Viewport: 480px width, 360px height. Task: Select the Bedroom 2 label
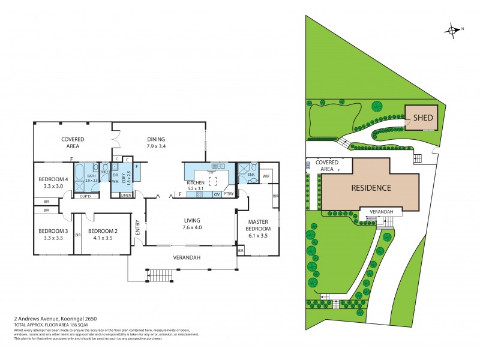[101, 231]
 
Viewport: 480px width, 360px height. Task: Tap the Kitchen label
[196, 182]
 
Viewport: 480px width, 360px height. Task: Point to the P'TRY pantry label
[228, 194]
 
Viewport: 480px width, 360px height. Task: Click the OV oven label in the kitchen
[217, 194]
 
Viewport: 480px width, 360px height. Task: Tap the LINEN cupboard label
[126, 196]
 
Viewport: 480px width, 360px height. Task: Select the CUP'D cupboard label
[85, 196]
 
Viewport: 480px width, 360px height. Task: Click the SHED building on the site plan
[422, 118]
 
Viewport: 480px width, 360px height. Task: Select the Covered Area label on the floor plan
[71, 142]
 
